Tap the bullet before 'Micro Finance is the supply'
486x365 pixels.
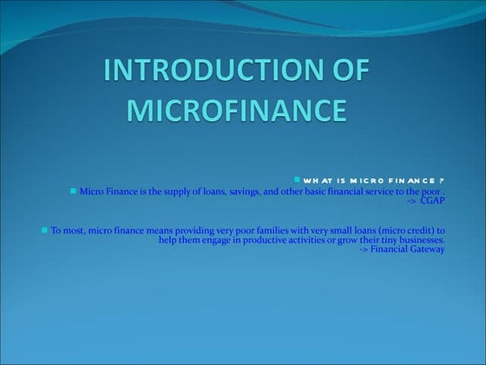click(x=73, y=189)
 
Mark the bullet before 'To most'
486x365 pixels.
click(x=44, y=230)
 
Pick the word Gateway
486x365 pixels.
click(x=424, y=249)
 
